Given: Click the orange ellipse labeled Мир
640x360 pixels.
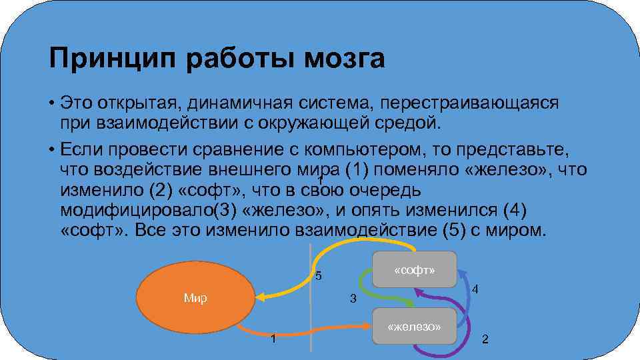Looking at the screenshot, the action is [195, 298].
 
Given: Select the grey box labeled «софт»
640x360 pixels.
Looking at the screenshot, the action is [415, 270].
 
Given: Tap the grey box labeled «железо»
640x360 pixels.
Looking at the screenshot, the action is [415, 327].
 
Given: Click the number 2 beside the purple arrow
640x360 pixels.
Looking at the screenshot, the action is [485, 339].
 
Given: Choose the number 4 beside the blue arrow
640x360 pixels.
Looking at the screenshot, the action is [474, 290].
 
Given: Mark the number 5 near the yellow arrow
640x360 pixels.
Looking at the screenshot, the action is [318, 276].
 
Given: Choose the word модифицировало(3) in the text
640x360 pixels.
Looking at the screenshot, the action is [149, 210].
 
